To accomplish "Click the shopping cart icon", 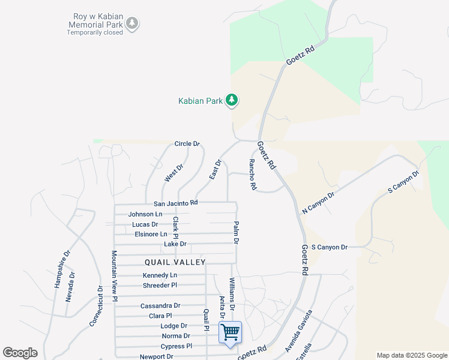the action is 231,332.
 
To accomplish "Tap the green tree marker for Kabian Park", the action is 232,100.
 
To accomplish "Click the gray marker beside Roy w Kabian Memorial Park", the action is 132,24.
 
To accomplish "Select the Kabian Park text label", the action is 200,101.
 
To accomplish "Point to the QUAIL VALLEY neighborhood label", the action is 175,262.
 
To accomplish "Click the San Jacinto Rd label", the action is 176,203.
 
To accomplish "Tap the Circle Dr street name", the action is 187,144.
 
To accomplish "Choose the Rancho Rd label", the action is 253,175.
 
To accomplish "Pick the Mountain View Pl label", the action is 114,276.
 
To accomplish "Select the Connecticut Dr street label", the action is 96,305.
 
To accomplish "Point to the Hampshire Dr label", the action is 61,269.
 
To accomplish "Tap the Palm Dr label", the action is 236,232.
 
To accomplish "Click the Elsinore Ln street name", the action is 151,234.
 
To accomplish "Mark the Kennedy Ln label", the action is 160,275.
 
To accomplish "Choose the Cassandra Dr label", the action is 160,306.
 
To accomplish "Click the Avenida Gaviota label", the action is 299,331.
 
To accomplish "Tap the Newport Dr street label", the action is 157,356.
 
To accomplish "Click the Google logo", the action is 20,353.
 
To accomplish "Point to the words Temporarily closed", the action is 95,32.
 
